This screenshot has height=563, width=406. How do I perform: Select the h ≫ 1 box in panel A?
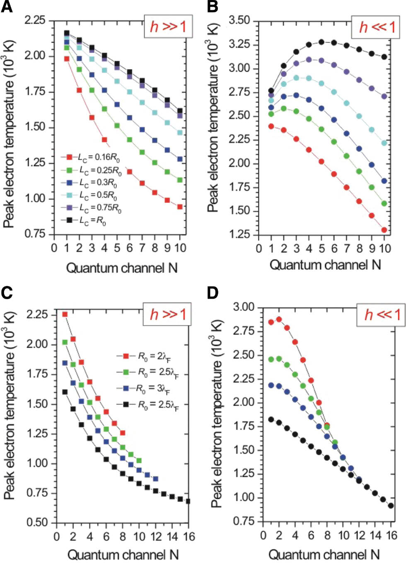[x=168, y=26]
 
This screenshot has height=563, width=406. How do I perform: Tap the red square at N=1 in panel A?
[x=67, y=59]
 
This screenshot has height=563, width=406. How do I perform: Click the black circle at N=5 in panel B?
[x=321, y=42]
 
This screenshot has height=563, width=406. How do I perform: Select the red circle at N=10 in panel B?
[x=384, y=230]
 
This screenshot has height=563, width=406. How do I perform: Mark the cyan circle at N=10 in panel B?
[x=384, y=143]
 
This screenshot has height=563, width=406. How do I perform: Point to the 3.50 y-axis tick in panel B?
[x=239, y=20]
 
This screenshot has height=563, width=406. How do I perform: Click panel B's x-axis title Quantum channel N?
[x=325, y=264]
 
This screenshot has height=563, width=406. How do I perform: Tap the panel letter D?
[x=213, y=293]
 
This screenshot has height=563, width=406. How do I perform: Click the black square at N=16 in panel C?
[x=188, y=501]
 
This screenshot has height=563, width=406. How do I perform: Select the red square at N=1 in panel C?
[x=65, y=314]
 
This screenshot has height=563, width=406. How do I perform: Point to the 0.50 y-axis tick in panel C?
[x=37, y=522]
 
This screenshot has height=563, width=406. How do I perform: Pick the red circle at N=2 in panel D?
[x=279, y=319]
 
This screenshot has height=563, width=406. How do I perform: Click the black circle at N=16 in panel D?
[x=391, y=505]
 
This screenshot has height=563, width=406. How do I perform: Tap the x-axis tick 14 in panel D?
[x=375, y=535]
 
